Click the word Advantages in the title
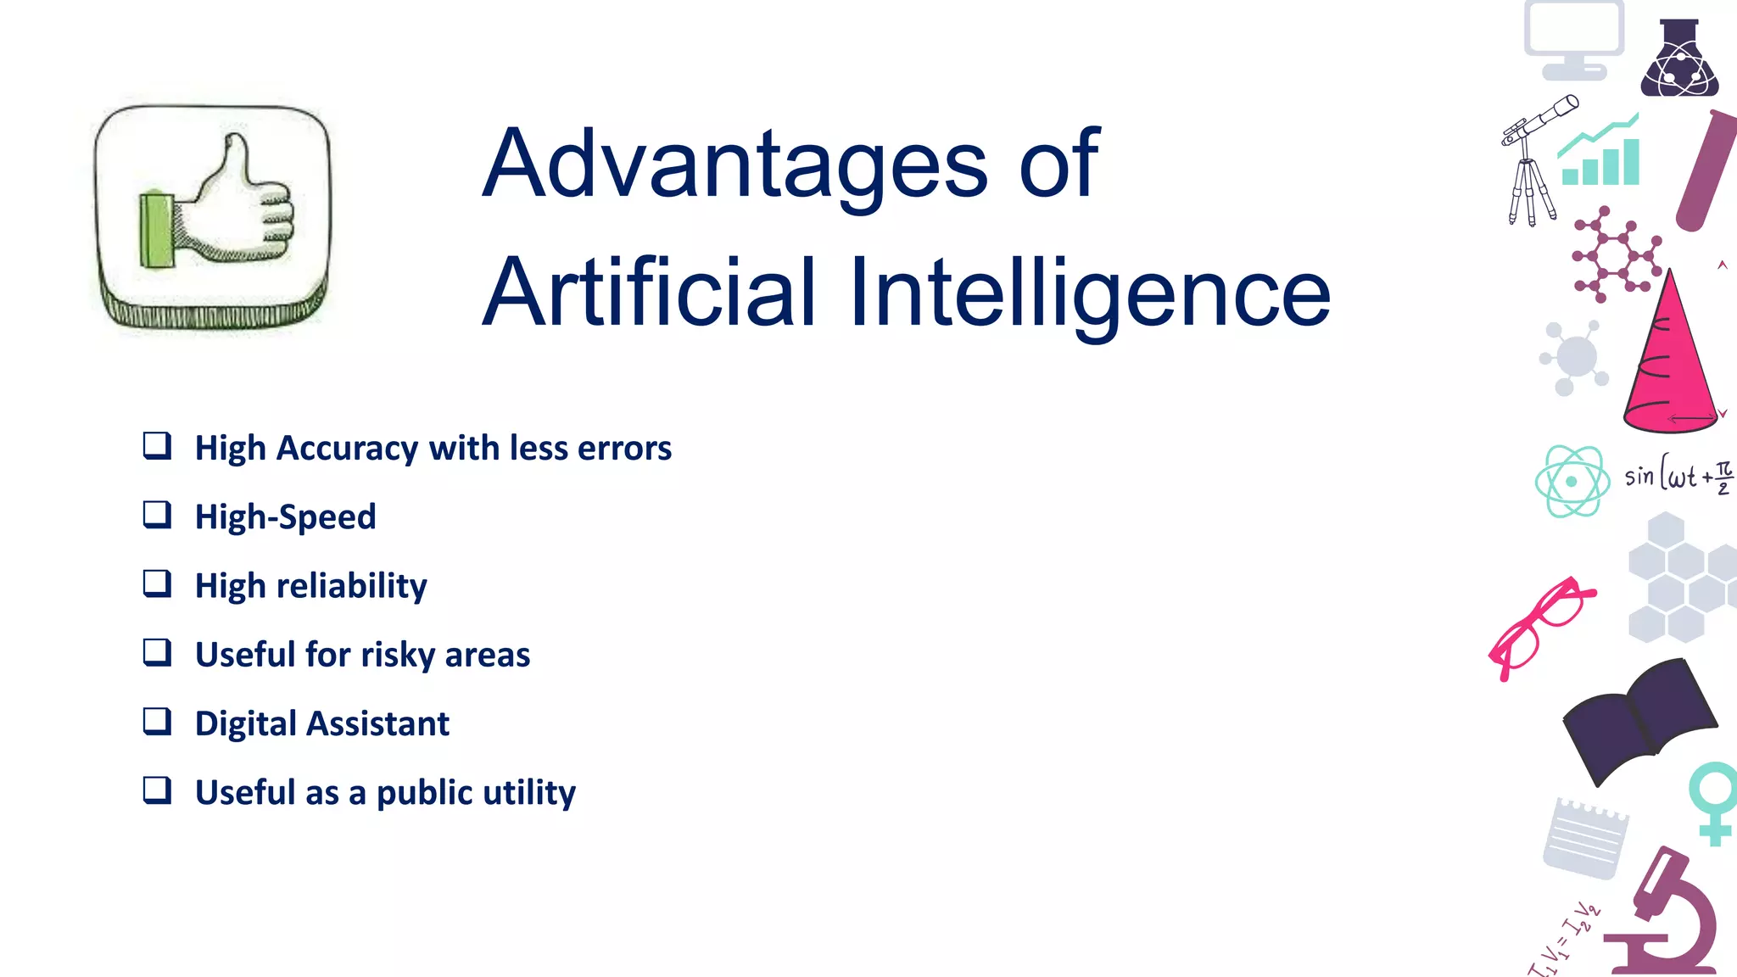(734, 163)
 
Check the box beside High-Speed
(157, 515)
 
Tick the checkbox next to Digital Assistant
(157, 722)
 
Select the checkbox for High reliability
(157, 583)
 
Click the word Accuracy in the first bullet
(347, 448)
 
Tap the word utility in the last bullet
(528, 793)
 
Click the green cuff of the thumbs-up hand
(156, 230)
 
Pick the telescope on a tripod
(1533, 157)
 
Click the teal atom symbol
(1572, 481)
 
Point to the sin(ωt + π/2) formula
(1678, 476)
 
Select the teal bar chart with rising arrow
(1601, 154)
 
